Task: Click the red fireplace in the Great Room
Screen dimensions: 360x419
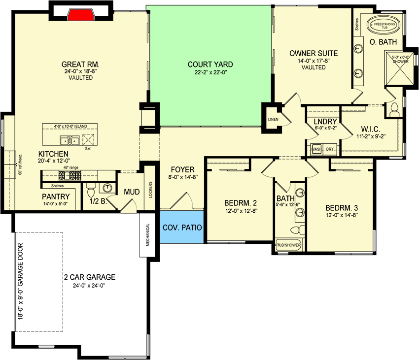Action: click(80, 14)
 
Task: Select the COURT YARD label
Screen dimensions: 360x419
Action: click(210, 65)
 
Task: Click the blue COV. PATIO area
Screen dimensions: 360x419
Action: click(181, 227)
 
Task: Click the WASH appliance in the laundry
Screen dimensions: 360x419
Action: click(316, 149)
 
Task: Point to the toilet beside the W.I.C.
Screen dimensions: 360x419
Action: click(394, 110)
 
